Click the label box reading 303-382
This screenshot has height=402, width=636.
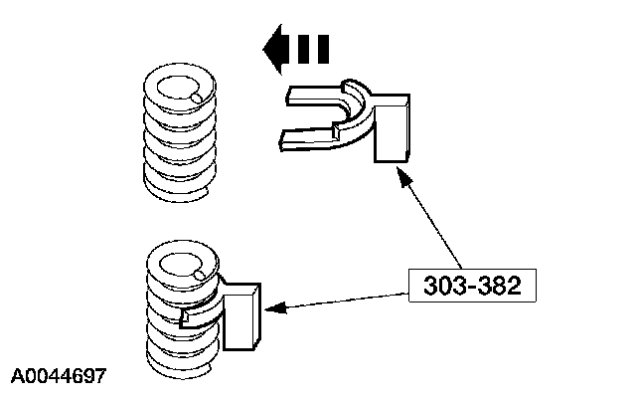coord(472,287)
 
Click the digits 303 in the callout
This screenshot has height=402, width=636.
coord(444,287)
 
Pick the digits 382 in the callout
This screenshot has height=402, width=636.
coord(500,287)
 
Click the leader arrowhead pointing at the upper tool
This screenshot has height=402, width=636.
coord(400,175)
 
